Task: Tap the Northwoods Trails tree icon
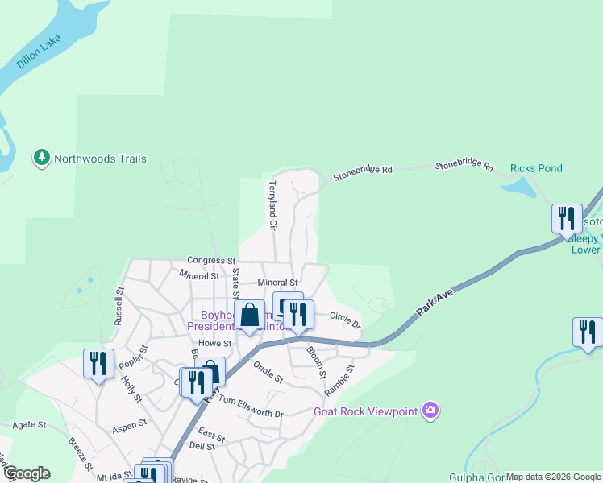[x=42, y=159]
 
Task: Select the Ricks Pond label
[x=536, y=168]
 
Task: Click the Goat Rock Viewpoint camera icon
[x=431, y=411]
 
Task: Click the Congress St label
[x=210, y=261]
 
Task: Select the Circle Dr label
[x=345, y=320]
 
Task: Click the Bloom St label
[x=314, y=363]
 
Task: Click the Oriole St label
[x=268, y=372]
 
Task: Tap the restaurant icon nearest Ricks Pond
[x=567, y=218]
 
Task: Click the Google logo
[x=26, y=473]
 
